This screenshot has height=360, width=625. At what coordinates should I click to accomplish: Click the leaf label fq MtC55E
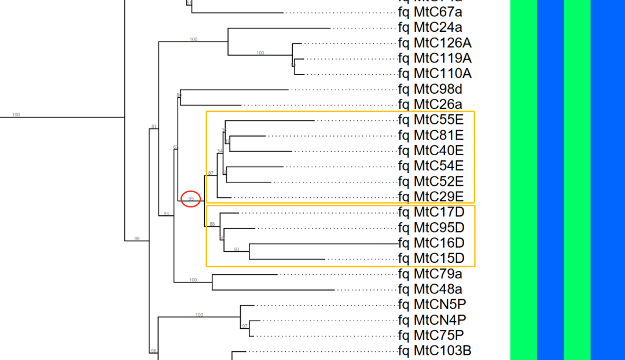coord(431,120)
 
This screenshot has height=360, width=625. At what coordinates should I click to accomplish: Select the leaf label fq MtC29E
coord(431,197)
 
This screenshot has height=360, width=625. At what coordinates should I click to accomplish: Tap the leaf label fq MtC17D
coord(431,212)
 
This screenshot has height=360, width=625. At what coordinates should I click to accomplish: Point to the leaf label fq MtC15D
coord(431,258)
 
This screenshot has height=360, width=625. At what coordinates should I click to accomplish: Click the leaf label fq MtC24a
coord(430,27)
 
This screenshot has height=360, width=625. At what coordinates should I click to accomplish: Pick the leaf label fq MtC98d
coord(430,89)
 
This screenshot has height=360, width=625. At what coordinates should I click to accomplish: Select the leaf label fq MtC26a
coord(430,105)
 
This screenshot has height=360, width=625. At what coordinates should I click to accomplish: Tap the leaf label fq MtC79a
coord(430,273)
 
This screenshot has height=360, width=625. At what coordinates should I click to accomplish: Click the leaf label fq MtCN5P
coord(432,304)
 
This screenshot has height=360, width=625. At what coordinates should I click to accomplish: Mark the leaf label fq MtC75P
coord(431,335)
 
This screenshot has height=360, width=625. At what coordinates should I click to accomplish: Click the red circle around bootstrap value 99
coord(191,199)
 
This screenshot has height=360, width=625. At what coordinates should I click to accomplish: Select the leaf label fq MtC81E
coord(431,135)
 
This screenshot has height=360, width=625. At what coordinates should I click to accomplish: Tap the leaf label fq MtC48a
coord(430,289)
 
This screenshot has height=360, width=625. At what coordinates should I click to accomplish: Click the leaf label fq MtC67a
coord(430,12)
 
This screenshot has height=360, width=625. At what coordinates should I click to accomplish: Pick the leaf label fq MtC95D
coord(431,227)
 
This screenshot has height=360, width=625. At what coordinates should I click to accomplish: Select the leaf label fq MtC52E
coord(431,181)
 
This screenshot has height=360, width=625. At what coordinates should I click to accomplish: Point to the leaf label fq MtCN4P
coord(432,319)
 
